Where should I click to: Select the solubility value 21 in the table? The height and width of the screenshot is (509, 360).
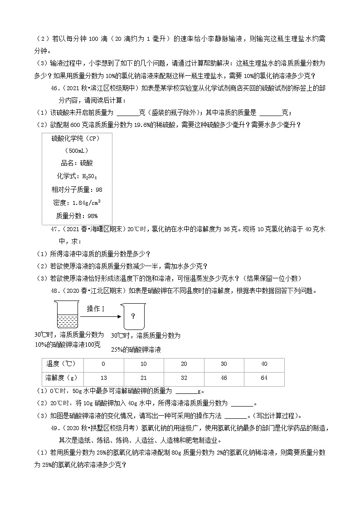click(x=144, y=378)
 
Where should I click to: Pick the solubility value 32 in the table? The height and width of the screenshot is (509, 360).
click(x=184, y=378)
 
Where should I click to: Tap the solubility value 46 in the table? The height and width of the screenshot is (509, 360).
click(x=224, y=378)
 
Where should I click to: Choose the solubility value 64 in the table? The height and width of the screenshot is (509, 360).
click(x=264, y=378)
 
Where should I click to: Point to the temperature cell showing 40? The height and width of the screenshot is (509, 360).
click(x=264, y=364)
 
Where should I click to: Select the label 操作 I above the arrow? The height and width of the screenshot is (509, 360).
click(x=96, y=309)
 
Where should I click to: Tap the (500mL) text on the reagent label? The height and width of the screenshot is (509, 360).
click(x=76, y=150)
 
